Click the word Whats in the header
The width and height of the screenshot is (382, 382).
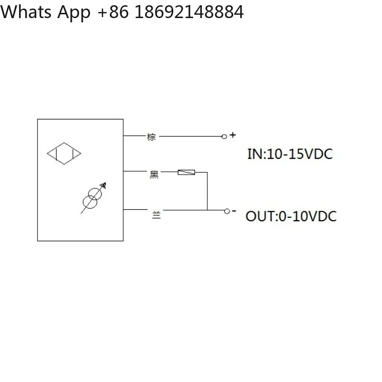tap(26, 12)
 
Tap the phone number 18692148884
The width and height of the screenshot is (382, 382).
tap(189, 12)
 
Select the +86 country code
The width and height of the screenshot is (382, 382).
tap(113, 12)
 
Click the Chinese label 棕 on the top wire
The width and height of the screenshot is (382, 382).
tap(151, 137)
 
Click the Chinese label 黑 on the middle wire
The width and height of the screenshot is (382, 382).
tap(154, 175)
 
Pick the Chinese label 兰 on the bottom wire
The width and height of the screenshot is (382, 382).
tap(157, 215)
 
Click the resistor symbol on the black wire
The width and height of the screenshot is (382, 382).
tap(186, 173)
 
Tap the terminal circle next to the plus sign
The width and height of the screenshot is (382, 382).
tap(224, 137)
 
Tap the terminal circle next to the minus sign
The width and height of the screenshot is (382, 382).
tap(227, 211)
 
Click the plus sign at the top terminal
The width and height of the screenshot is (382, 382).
tap(233, 135)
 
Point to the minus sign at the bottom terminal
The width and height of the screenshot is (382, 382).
tap(234, 210)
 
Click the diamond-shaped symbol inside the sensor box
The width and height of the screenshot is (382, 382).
tap(64, 143)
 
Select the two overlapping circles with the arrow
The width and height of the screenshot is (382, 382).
tap(93, 198)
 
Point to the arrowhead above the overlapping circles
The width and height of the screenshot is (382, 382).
tap(104, 185)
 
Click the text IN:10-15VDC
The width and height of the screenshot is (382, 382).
tap(290, 154)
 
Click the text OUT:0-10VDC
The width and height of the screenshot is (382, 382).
tap(291, 216)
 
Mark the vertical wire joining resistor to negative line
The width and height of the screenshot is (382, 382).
tap(207, 191)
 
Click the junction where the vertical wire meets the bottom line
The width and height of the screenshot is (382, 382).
tap(207, 210)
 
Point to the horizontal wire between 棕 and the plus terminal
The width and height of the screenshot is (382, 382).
tap(190, 137)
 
